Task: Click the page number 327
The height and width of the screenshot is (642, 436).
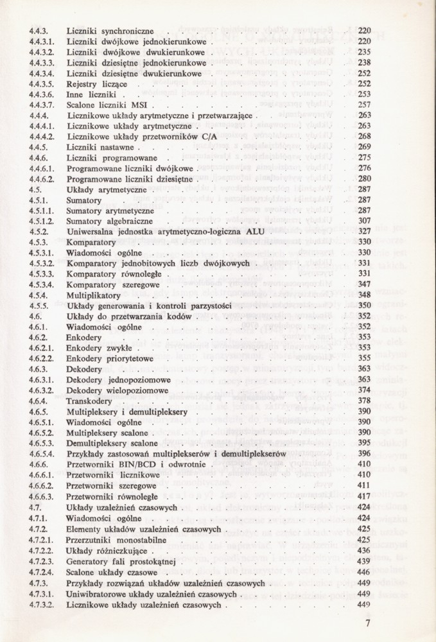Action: click(x=364, y=231)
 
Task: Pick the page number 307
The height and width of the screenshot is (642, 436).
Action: click(x=364, y=220)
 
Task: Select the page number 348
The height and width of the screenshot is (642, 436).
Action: click(x=364, y=294)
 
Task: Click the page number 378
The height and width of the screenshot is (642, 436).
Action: click(x=364, y=399)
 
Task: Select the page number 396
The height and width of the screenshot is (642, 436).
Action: click(x=364, y=453)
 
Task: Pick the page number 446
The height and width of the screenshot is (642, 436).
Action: click(x=364, y=572)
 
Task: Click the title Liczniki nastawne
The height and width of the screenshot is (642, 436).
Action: click(x=100, y=147)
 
